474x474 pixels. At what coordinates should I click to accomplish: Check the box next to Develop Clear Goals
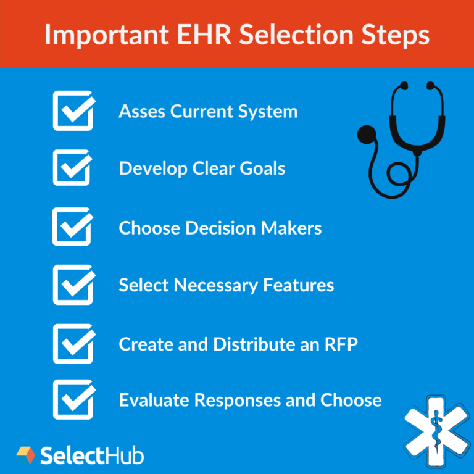pyautogui.click(x=73, y=168)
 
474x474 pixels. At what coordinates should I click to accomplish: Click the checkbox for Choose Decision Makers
pyautogui.click(x=73, y=227)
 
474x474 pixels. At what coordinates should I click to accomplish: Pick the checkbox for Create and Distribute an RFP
pyautogui.click(x=73, y=343)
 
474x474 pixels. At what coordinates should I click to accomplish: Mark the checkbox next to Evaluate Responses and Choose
pyautogui.click(x=73, y=400)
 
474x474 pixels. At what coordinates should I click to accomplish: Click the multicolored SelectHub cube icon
pyautogui.click(x=25, y=455)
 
